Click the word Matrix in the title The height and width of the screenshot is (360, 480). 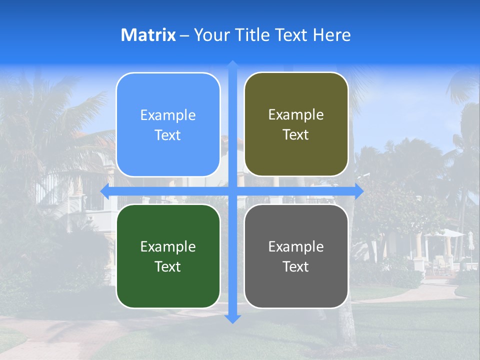point(148,35)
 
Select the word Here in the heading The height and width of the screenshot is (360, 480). point(331,35)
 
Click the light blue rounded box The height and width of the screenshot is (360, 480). point(168,124)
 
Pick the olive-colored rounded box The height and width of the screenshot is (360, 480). point(296,124)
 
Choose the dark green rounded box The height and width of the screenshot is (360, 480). point(168,256)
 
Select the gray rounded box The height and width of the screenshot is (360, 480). point(296,256)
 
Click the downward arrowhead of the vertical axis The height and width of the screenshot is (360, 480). point(232,318)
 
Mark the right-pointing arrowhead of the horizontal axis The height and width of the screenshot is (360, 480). point(358,191)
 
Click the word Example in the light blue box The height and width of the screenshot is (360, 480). point(168,115)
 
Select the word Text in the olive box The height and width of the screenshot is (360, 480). point(296,135)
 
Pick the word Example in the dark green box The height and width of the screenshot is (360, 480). point(168,246)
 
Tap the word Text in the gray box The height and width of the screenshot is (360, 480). point(296,266)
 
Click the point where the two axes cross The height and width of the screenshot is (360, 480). point(232,191)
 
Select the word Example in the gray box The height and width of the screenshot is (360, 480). point(296,246)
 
